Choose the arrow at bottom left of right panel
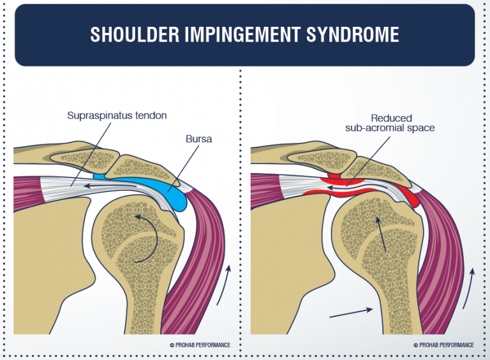point(351,313)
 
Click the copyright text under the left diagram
point(200,345)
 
